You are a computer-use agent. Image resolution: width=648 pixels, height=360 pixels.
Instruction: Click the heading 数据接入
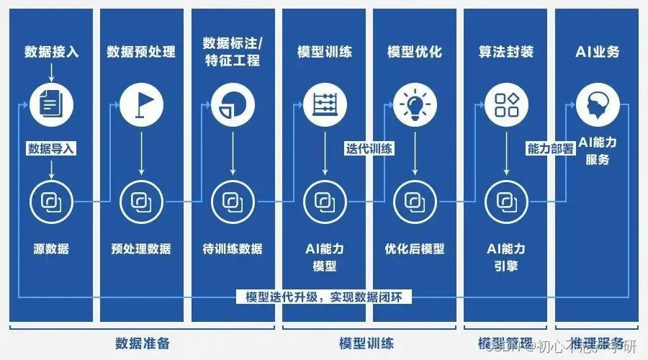52,52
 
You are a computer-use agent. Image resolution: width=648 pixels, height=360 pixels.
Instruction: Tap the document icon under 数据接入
50,104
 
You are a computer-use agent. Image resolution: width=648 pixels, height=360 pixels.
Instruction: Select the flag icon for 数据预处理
141,104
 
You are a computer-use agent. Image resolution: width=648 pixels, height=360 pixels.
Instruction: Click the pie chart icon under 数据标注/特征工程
232,104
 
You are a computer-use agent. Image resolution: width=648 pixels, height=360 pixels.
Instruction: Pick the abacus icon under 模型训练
324,104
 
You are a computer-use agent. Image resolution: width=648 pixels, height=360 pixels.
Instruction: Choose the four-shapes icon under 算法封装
505,104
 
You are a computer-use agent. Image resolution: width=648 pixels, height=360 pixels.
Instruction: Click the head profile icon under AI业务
598,104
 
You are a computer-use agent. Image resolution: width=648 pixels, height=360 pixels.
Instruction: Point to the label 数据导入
51,149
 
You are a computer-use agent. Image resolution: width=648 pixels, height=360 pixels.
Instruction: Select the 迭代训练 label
369,149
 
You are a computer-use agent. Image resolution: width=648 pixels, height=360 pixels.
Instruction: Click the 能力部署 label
551,149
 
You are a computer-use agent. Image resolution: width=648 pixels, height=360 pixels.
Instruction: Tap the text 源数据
51,249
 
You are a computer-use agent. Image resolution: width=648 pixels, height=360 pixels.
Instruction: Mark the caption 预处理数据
141,249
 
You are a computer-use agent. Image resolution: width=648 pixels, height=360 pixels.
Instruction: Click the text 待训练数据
232,249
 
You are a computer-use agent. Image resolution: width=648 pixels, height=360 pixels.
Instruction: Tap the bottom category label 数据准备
143,343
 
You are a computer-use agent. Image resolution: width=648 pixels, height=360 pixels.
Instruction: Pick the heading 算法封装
505,52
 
